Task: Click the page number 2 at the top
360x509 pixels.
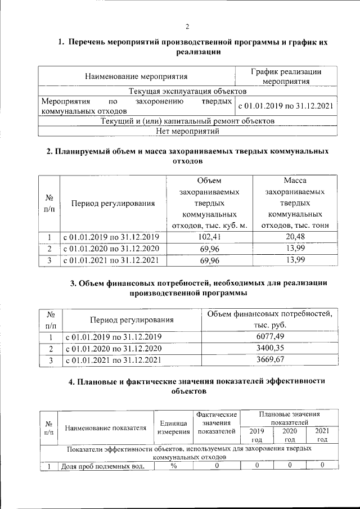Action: (187, 26)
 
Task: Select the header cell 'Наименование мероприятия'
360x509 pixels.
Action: (136, 76)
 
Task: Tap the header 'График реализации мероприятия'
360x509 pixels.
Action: (286, 76)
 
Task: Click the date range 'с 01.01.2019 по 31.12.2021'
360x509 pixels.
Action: (286, 106)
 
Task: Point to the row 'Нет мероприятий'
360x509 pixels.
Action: (187, 132)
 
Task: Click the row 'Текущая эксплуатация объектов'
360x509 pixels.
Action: (187, 91)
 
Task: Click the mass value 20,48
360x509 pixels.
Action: (295, 237)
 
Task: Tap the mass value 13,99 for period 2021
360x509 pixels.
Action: (295, 260)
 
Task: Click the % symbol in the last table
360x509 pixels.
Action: (173, 466)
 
